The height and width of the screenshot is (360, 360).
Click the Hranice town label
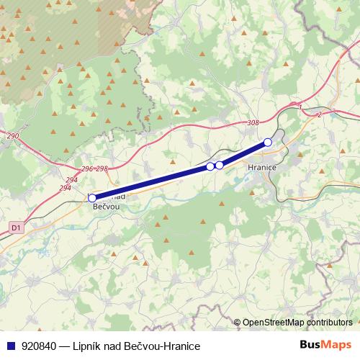click(261, 166)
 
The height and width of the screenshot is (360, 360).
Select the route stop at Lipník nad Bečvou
click(92, 197)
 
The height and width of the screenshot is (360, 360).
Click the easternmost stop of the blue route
click(268, 142)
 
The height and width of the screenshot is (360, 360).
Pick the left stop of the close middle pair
click(210, 166)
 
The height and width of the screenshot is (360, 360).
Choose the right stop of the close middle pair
click(220, 165)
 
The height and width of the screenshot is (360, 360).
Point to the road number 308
click(252, 123)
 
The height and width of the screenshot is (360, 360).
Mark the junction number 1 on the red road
click(299, 106)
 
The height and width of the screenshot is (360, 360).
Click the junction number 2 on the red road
click(318, 114)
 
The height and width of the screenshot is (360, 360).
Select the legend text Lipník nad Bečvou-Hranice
click(136, 346)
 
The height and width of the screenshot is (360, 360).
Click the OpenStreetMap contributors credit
click(297, 322)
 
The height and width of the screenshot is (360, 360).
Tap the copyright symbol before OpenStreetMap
click(238, 322)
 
